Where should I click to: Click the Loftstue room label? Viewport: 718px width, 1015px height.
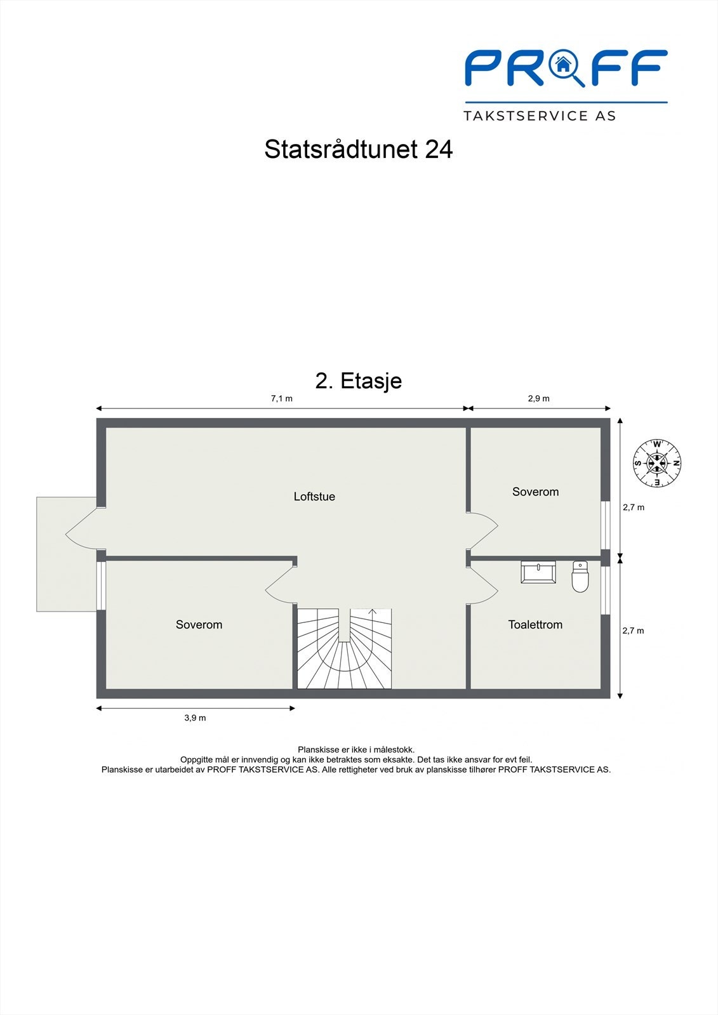point(314,497)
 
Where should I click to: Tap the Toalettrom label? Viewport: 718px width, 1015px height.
point(535,625)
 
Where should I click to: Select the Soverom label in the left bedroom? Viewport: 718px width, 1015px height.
point(199,625)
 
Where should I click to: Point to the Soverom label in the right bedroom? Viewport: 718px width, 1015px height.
point(535,492)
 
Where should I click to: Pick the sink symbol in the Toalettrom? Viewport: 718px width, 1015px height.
point(538,572)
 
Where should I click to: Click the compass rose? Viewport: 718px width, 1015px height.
point(657,463)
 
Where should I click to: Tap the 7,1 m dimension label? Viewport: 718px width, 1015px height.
point(282,398)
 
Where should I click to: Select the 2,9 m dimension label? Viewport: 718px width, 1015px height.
point(538,398)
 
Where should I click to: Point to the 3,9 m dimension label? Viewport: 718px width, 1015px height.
point(195,718)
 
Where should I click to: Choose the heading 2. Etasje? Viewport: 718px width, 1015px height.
point(359,381)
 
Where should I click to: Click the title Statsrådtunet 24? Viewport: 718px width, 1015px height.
point(359,150)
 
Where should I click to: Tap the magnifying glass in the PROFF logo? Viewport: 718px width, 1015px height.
point(564,67)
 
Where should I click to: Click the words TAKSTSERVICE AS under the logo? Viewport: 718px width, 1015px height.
point(540,116)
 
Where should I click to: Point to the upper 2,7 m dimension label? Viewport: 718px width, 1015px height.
point(633,507)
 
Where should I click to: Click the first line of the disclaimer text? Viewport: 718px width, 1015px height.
point(356,750)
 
